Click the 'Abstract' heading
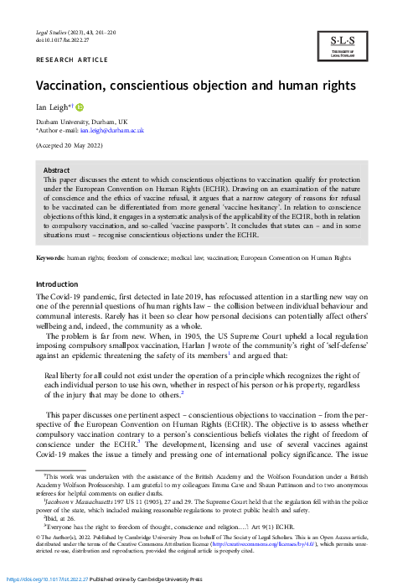[x=56, y=170]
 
